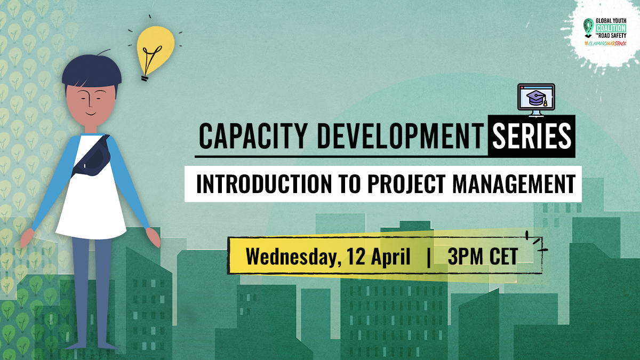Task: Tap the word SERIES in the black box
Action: (x=531, y=138)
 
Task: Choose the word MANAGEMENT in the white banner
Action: (x=515, y=183)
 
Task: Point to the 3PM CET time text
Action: (x=483, y=257)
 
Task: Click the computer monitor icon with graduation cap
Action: (x=536, y=99)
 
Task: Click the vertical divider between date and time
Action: (x=429, y=257)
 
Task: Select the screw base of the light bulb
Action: (x=145, y=77)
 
